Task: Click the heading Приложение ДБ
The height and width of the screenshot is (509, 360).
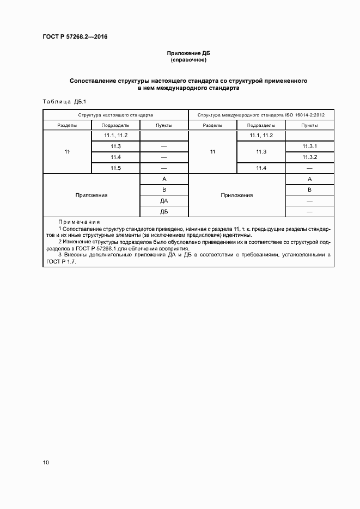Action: (x=188, y=53)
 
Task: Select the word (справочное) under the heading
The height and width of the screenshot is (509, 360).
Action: (x=188, y=60)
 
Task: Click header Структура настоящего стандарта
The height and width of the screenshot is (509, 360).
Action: (x=115, y=115)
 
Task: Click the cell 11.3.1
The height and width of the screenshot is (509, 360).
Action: (x=309, y=146)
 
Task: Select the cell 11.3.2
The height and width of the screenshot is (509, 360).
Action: (x=309, y=157)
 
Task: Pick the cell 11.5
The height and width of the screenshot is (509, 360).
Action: (x=115, y=168)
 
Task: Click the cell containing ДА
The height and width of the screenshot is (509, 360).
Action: (x=164, y=200)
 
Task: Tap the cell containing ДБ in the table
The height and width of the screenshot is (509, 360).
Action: (x=164, y=211)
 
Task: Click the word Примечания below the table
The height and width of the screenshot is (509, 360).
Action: (x=78, y=222)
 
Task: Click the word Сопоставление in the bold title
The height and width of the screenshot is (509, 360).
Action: (x=93, y=81)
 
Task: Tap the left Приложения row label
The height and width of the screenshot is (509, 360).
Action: (x=91, y=195)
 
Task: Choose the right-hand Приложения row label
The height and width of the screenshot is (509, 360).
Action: (x=236, y=195)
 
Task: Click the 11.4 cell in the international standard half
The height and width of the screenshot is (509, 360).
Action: (x=260, y=168)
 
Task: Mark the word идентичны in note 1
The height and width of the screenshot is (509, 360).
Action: (x=238, y=235)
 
